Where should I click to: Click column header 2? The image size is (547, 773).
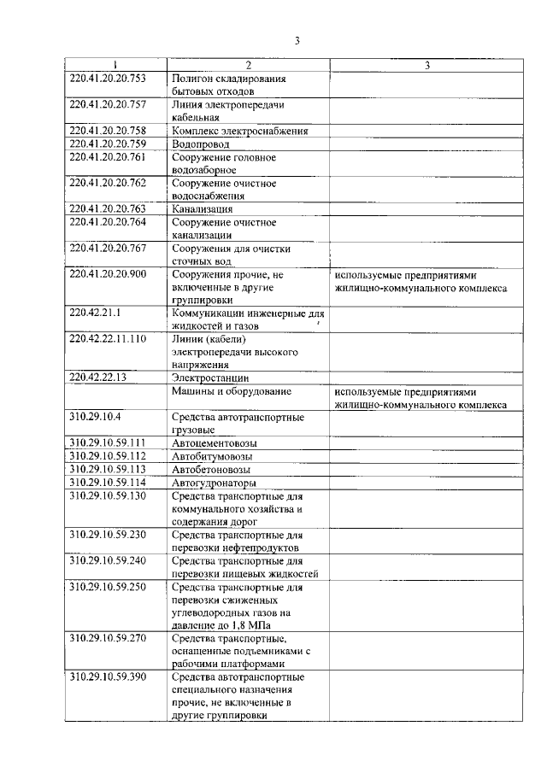coord(248,65)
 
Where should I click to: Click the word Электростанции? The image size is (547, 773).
coord(210,377)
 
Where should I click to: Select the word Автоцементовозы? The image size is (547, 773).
coord(215,443)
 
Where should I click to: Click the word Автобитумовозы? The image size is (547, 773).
coord(214,456)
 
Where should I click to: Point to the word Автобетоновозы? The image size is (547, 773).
coord(213,469)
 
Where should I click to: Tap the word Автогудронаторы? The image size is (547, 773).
coord(214,482)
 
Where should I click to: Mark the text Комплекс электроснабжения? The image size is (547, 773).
coord(239,131)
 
